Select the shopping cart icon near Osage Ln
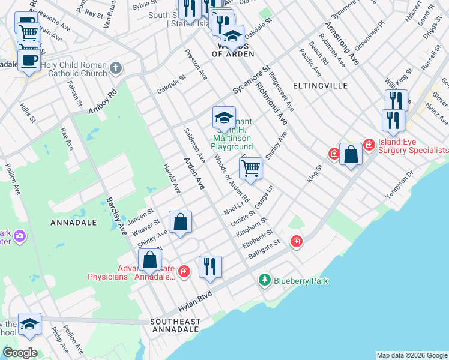click(x=250, y=168)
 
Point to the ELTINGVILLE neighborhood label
click(x=320, y=86)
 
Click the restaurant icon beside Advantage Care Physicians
click(x=210, y=266)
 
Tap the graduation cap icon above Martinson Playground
click(x=224, y=117)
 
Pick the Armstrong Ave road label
click(x=342, y=44)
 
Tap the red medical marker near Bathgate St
click(x=296, y=241)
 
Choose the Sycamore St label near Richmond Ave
click(x=249, y=82)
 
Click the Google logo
click(x=20, y=353)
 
